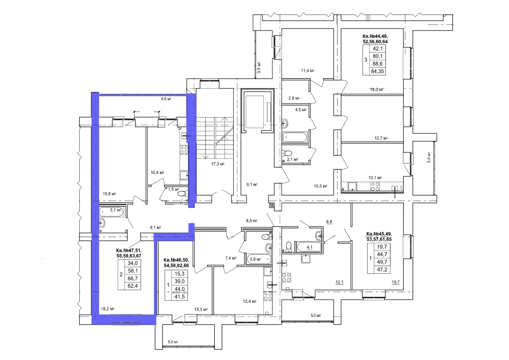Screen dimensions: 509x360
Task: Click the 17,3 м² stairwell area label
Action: (218, 164)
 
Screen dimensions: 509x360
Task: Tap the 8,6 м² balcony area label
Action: (166, 99)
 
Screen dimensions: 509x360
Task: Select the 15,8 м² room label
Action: (109, 194)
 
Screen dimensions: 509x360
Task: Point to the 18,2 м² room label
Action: (108, 309)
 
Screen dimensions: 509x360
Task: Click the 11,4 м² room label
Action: (308, 70)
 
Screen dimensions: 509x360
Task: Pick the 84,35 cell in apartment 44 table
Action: (377, 71)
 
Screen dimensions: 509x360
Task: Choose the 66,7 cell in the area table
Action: (132, 279)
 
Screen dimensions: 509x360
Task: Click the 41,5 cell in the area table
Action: (179, 297)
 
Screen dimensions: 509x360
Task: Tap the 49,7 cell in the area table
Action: (382, 262)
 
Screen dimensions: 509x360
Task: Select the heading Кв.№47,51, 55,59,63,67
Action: (129, 253)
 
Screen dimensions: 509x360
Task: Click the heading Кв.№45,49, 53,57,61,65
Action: (379, 236)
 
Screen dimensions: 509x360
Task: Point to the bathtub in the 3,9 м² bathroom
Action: (259, 259)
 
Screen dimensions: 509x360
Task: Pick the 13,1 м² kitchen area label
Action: (375, 178)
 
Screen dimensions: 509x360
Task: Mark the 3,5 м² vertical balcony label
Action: (259, 67)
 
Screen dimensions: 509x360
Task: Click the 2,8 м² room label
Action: (294, 98)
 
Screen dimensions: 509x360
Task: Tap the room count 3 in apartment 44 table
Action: (366, 60)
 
